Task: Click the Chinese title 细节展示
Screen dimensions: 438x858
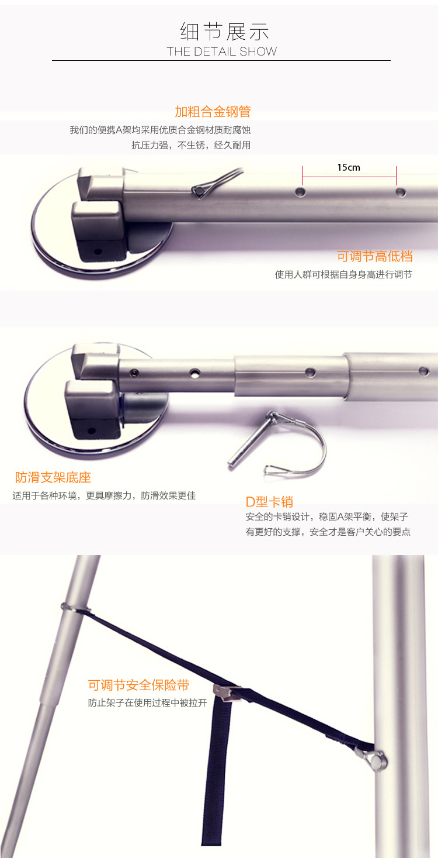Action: [224, 32]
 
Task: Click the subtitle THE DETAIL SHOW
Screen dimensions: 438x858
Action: [222, 51]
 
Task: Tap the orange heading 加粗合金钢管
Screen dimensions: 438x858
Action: [213, 112]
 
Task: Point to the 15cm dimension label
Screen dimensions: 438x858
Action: [349, 167]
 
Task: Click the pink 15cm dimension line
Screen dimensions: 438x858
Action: [349, 177]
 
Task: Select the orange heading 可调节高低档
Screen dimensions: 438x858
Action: [374, 256]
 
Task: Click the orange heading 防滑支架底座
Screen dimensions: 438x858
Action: [53, 477]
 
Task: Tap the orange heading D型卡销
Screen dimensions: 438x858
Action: [269, 502]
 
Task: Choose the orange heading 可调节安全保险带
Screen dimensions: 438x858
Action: [138, 685]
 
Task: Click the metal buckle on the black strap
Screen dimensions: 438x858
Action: [227, 692]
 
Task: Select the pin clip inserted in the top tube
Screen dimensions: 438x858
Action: [217, 182]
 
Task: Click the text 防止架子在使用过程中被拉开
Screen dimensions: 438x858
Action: [147, 703]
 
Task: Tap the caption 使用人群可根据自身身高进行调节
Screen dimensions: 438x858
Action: [343, 275]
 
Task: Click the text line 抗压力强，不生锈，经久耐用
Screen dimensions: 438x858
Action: [191, 145]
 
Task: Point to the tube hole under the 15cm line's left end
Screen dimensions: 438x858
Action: [301, 191]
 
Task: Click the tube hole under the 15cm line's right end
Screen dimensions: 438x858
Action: [401, 192]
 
